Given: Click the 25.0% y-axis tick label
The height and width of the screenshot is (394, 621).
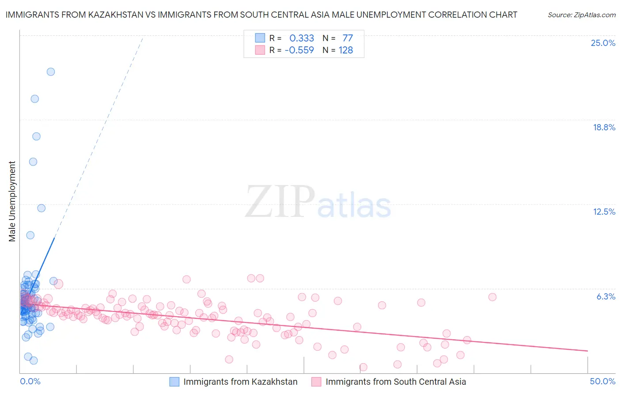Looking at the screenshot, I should point(603,43).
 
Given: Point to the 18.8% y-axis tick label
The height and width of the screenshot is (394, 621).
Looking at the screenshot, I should point(604,128).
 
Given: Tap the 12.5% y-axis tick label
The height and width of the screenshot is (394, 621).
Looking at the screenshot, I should point(604,212).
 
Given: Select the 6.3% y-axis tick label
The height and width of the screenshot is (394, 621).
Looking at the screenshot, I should point(606,297).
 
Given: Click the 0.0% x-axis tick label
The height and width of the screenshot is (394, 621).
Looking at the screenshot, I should point(30,382).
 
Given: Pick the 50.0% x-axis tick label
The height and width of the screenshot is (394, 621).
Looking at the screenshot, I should point(602,382).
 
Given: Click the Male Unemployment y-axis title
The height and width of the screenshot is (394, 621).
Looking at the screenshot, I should point(12,201).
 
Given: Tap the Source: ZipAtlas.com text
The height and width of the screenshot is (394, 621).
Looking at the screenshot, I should point(581,15).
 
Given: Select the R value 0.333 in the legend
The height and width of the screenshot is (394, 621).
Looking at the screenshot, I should point(302,38).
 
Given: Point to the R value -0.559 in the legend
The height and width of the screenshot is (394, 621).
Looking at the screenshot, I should point(299,50).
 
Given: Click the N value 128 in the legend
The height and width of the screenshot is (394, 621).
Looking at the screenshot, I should point(346,50).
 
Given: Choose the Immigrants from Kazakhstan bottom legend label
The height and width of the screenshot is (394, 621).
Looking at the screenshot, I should point(240,382).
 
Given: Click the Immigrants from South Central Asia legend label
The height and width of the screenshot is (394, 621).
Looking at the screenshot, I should point(396,382).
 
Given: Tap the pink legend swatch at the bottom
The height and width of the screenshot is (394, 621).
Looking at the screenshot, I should point(316,382).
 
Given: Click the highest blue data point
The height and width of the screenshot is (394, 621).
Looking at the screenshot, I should point(51,72).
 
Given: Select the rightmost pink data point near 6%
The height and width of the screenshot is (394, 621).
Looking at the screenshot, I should point(492,297).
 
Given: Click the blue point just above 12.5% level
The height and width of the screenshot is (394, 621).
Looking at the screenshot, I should point(41,208).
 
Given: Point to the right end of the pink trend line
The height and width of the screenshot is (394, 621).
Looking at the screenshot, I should point(587,351).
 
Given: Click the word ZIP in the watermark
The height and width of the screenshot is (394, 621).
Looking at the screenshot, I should point(280,202).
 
